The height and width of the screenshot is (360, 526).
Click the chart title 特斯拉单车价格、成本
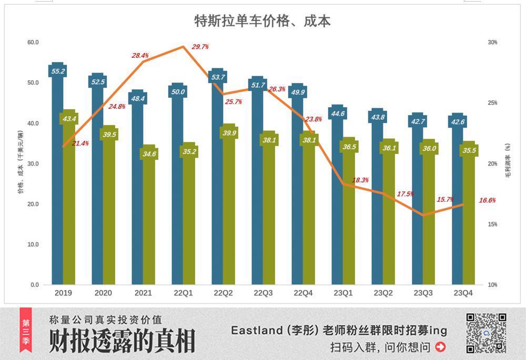click(x=262, y=20)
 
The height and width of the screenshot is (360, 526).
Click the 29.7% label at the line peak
click(x=200, y=47)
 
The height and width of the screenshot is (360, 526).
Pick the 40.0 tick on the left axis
click(x=33, y=123)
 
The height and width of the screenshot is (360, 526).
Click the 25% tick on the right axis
click(x=493, y=103)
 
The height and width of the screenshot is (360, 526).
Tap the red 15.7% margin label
click(x=445, y=200)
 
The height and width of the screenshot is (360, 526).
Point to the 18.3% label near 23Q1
click(x=360, y=180)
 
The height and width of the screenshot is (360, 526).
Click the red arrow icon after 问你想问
click(x=441, y=347)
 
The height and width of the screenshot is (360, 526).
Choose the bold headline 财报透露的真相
click(x=122, y=342)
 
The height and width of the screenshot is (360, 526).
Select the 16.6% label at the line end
click(x=487, y=200)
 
